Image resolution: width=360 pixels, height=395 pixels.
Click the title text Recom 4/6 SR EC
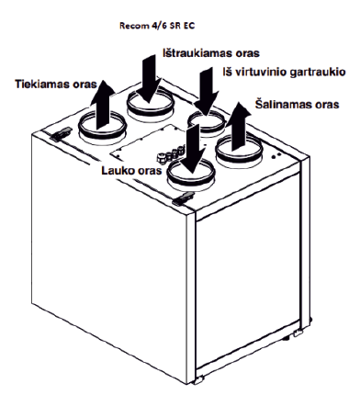(157, 26)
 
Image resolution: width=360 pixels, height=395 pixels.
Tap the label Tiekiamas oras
(56, 84)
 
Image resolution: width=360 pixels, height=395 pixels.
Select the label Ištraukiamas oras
(211, 53)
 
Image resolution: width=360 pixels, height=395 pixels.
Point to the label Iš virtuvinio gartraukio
(284, 73)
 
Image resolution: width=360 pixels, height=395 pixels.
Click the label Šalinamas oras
(297, 105)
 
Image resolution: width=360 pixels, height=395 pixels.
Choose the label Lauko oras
(131, 170)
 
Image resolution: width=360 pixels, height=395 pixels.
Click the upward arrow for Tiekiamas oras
(102, 104)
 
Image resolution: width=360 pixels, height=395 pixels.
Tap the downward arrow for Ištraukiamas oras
(149, 78)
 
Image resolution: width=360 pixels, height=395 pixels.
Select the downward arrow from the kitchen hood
(206, 91)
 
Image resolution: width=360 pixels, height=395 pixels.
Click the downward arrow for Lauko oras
(192, 149)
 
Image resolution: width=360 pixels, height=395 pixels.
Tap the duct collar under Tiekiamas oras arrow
(102, 128)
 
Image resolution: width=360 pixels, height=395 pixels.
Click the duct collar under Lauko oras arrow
(190, 175)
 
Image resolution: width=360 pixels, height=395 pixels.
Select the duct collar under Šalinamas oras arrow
(239, 152)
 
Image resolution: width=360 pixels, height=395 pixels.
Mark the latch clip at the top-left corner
(62, 134)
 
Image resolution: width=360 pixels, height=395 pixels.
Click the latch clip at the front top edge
(183, 198)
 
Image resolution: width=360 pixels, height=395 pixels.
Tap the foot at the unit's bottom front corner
(198, 380)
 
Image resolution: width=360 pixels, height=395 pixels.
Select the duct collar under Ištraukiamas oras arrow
(151, 105)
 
